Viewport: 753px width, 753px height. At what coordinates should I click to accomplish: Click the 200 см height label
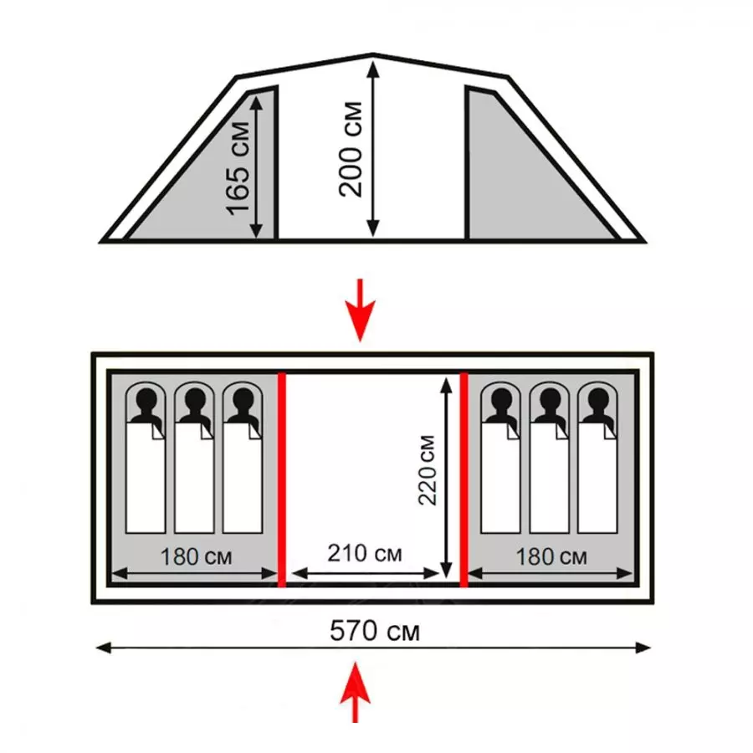350,149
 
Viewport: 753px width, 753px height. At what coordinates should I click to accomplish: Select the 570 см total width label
374,629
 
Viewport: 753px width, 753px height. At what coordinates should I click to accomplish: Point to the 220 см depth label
428,470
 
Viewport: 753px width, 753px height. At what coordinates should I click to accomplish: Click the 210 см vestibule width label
364,554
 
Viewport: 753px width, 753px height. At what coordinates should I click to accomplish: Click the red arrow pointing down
361,310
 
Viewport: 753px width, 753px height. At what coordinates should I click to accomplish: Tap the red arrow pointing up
356,691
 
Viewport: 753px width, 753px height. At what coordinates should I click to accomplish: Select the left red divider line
282,479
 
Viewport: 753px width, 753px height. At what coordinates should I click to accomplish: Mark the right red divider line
464,479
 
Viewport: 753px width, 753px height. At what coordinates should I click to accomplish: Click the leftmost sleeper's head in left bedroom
146,402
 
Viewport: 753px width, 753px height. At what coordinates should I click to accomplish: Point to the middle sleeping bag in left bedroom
194,477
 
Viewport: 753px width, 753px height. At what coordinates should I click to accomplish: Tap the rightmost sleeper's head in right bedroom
597,402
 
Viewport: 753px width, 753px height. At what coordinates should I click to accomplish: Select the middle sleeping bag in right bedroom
549,477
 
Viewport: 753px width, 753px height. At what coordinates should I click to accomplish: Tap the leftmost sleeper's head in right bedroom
501,402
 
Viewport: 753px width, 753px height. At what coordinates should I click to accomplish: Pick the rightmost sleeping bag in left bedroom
242,477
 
